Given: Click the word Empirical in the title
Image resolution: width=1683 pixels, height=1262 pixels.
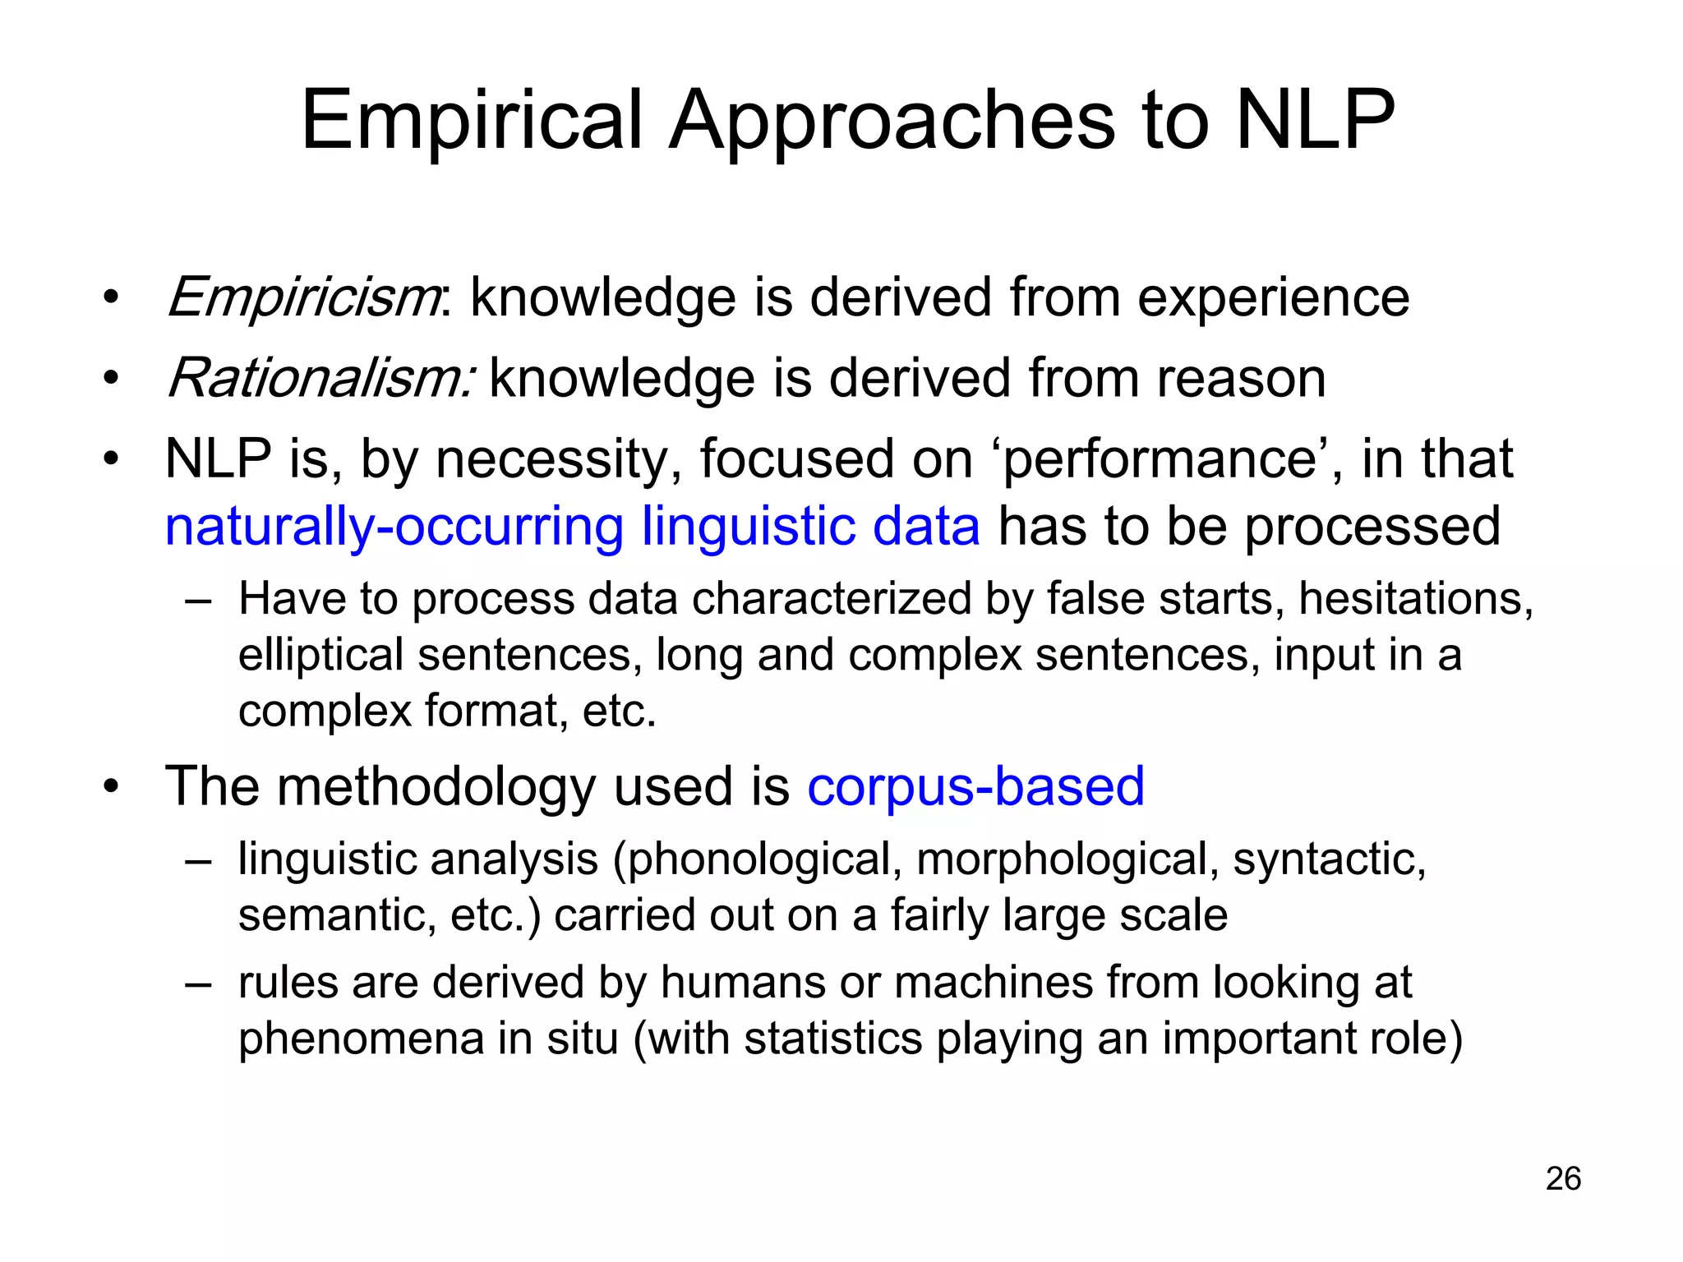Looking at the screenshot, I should pyautogui.click(x=472, y=121).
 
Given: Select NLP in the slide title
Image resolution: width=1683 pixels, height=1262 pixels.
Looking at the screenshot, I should pyautogui.click(x=1315, y=121).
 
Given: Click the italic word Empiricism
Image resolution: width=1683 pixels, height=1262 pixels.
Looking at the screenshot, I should pyautogui.click(x=302, y=297).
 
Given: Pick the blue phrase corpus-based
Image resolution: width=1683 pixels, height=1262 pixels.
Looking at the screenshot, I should pyautogui.click(x=975, y=785).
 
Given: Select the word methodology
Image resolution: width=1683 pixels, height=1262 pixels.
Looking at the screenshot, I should pyautogui.click(x=436, y=785).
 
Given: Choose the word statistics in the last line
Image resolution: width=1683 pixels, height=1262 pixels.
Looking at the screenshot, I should pyautogui.click(x=833, y=1038).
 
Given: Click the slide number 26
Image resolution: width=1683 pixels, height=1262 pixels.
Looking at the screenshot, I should pyautogui.click(x=1563, y=1178).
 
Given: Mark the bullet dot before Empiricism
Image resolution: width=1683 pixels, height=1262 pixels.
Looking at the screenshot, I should pyautogui.click(x=112, y=297).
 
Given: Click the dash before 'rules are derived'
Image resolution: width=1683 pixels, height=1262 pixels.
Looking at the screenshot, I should pyautogui.click(x=199, y=983).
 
